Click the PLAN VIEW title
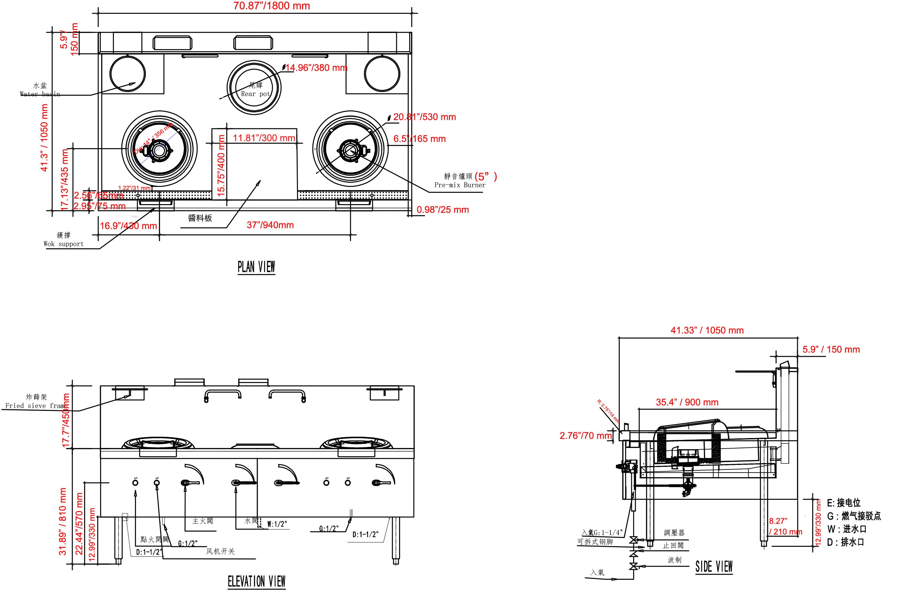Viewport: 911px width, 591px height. (x=256, y=267)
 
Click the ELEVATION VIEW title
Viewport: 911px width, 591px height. (x=256, y=581)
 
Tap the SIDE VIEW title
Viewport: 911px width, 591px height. (x=714, y=566)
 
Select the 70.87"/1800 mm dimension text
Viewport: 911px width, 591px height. (x=271, y=6)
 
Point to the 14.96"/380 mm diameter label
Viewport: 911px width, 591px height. (x=316, y=68)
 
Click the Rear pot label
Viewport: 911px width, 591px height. (x=255, y=93)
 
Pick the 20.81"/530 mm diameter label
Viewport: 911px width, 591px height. (x=424, y=117)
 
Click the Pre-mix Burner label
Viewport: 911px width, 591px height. (x=460, y=185)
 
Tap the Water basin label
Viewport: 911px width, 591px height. (x=40, y=94)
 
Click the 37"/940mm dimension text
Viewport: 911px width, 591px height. (x=270, y=225)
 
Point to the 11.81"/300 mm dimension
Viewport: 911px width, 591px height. (x=264, y=138)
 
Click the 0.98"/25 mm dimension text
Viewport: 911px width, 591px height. (x=443, y=210)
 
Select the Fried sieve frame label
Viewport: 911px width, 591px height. (x=35, y=406)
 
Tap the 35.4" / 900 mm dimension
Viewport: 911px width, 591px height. (x=687, y=402)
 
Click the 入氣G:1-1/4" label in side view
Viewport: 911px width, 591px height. (x=602, y=532)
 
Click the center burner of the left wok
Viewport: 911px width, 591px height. (x=158, y=150)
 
